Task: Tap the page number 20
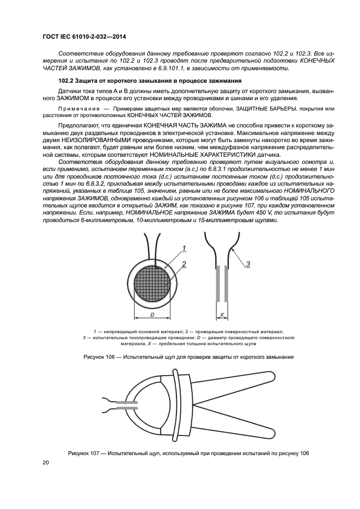45,463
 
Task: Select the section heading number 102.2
59,81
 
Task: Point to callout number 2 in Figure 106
185,264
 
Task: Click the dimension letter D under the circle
152,315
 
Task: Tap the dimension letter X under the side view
222,314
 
